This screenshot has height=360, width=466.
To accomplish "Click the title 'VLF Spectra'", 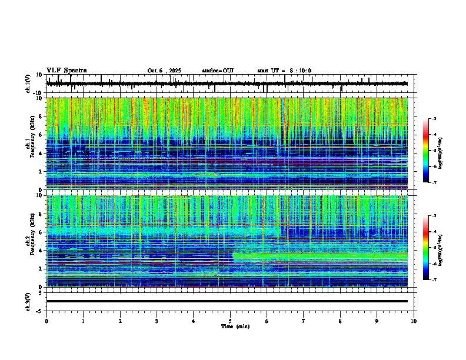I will [x=66, y=70].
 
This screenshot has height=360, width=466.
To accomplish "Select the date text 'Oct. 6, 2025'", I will [x=164, y=71].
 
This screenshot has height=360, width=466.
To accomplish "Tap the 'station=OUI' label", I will [x=218, y=71].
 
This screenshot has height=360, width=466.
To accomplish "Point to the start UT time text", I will [x=284, y=71].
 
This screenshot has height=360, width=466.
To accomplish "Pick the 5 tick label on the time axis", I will [x=230, y=321].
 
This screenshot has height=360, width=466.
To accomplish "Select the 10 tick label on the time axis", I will [x=414, y=321].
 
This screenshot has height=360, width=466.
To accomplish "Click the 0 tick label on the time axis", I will [x=46, y=321].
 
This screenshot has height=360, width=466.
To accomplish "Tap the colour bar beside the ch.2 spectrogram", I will [x=426, y=248].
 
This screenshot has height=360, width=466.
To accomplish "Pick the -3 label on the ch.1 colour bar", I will [x=434, y=119].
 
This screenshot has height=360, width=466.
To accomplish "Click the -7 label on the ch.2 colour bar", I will [x=434, y=279].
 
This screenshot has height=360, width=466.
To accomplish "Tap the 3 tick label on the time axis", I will [x=157, y=321].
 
